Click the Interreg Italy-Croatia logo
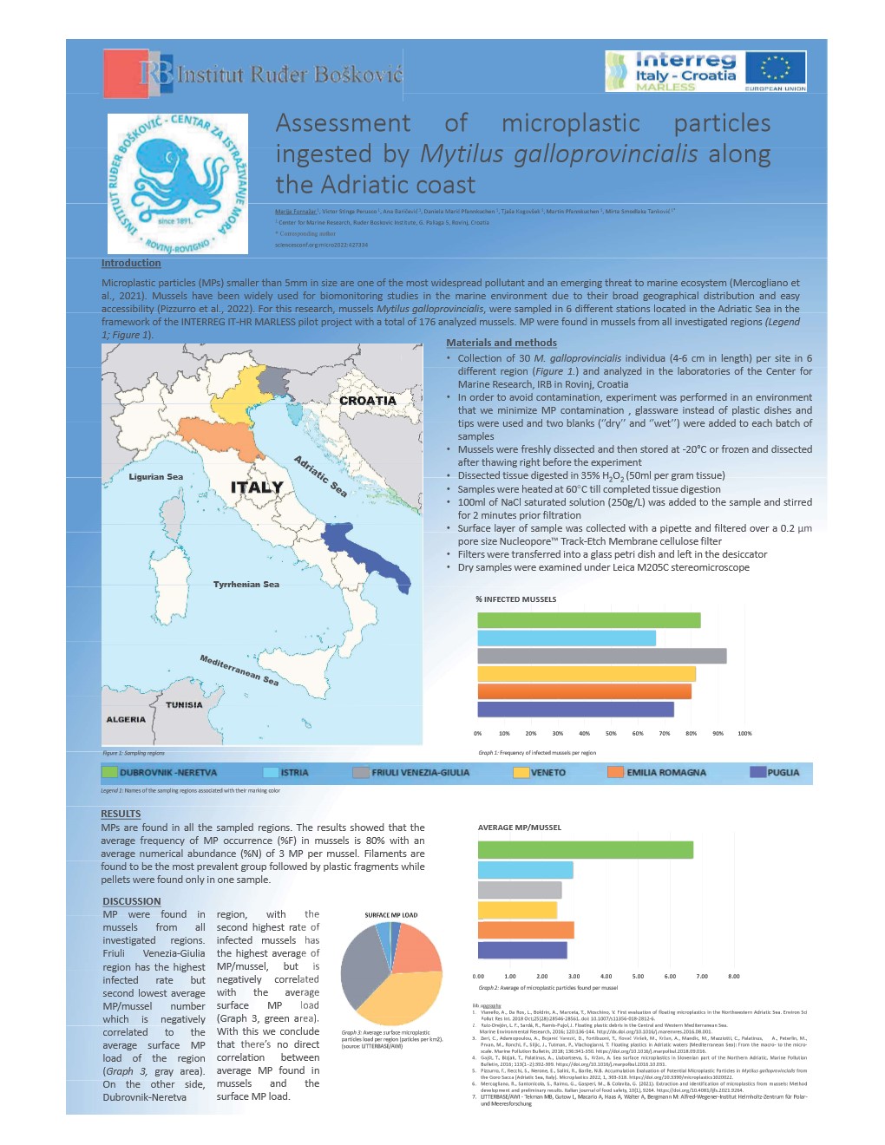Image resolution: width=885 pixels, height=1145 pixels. (705, 70)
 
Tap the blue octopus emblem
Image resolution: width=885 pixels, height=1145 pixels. (178, 183)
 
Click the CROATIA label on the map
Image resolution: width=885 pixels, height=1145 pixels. (367, 401)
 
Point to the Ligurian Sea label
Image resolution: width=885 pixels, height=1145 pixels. (155, 477)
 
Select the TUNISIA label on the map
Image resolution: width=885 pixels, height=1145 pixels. (184, 705)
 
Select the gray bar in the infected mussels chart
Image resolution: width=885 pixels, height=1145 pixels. (601, 657)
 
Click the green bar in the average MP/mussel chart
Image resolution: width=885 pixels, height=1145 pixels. (585, 850)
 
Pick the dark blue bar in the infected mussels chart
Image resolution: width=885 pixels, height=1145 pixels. (575, 710)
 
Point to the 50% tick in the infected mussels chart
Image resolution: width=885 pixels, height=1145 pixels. (611, 734)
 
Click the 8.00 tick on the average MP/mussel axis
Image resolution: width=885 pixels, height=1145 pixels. (733, 977)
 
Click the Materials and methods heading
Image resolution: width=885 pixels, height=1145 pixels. (501, 343)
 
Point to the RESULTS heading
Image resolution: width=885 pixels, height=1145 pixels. (121, 814)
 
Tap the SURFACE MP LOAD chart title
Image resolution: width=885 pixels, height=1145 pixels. (390, 915)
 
